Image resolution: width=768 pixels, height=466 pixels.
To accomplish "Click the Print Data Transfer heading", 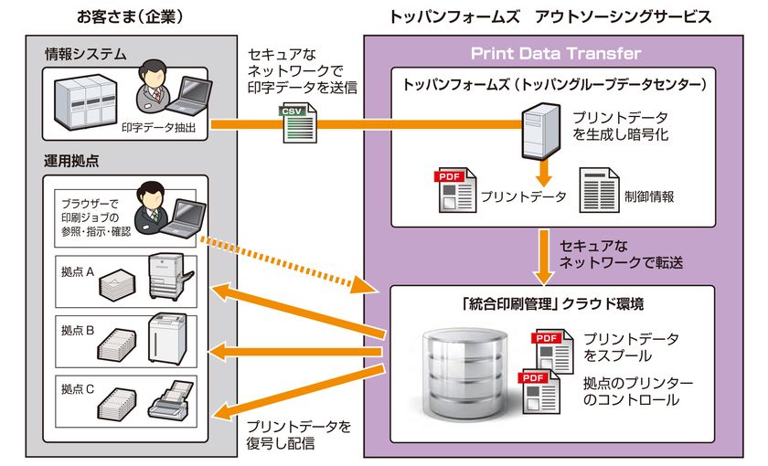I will click(556, 53).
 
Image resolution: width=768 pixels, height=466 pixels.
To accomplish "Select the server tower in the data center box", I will click(541, 129).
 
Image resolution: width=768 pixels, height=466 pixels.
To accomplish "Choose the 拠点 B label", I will click(78, 330).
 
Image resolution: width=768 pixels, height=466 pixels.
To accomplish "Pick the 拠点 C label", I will click(78, 389).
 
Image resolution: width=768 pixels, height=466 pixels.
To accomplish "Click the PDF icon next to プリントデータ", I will click(454, 189).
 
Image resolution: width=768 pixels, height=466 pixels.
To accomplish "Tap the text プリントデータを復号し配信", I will click(299, 434).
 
